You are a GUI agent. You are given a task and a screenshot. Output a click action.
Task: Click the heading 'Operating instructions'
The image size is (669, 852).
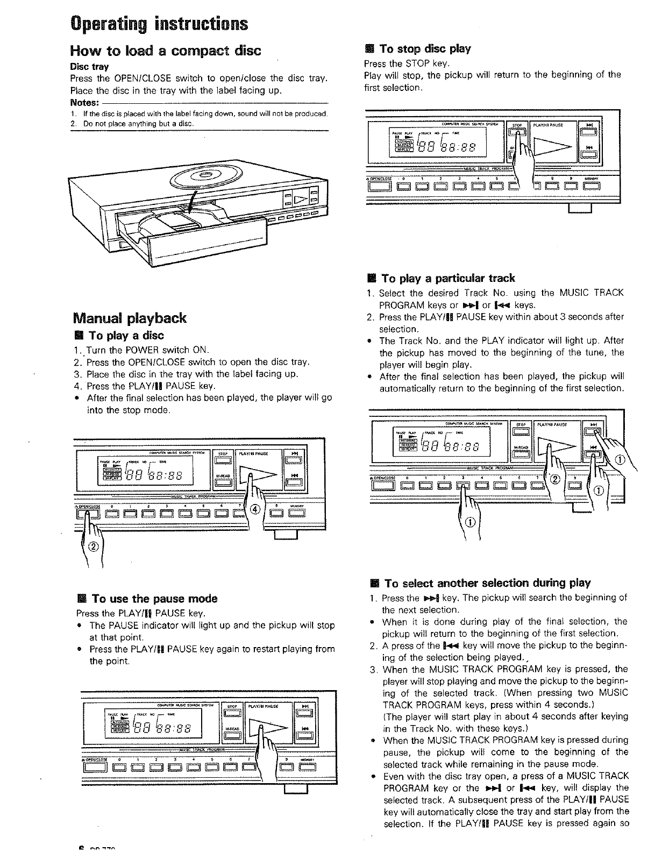[x=159, y=24]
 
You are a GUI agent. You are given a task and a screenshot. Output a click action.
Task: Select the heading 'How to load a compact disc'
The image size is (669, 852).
[x=166, y=51]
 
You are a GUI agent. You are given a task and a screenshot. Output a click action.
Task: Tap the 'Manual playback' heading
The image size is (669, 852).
[x=129, y=318]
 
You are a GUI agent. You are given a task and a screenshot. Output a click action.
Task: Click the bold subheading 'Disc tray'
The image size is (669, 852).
[x=90, y=67]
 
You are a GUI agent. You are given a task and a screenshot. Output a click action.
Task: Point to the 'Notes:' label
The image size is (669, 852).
[x=84, y=103]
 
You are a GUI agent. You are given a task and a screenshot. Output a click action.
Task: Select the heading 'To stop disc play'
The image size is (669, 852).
[x=425, y=49]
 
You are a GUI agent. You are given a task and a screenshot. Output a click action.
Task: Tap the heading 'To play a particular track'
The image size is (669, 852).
[x=447, y=278]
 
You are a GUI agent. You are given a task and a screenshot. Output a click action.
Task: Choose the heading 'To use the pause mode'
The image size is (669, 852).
[x=154, y=599]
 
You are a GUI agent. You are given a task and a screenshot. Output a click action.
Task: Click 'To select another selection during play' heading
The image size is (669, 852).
[x=487, y=583]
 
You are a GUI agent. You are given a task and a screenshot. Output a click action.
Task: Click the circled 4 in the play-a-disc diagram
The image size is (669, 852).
[x=255, y=509]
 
